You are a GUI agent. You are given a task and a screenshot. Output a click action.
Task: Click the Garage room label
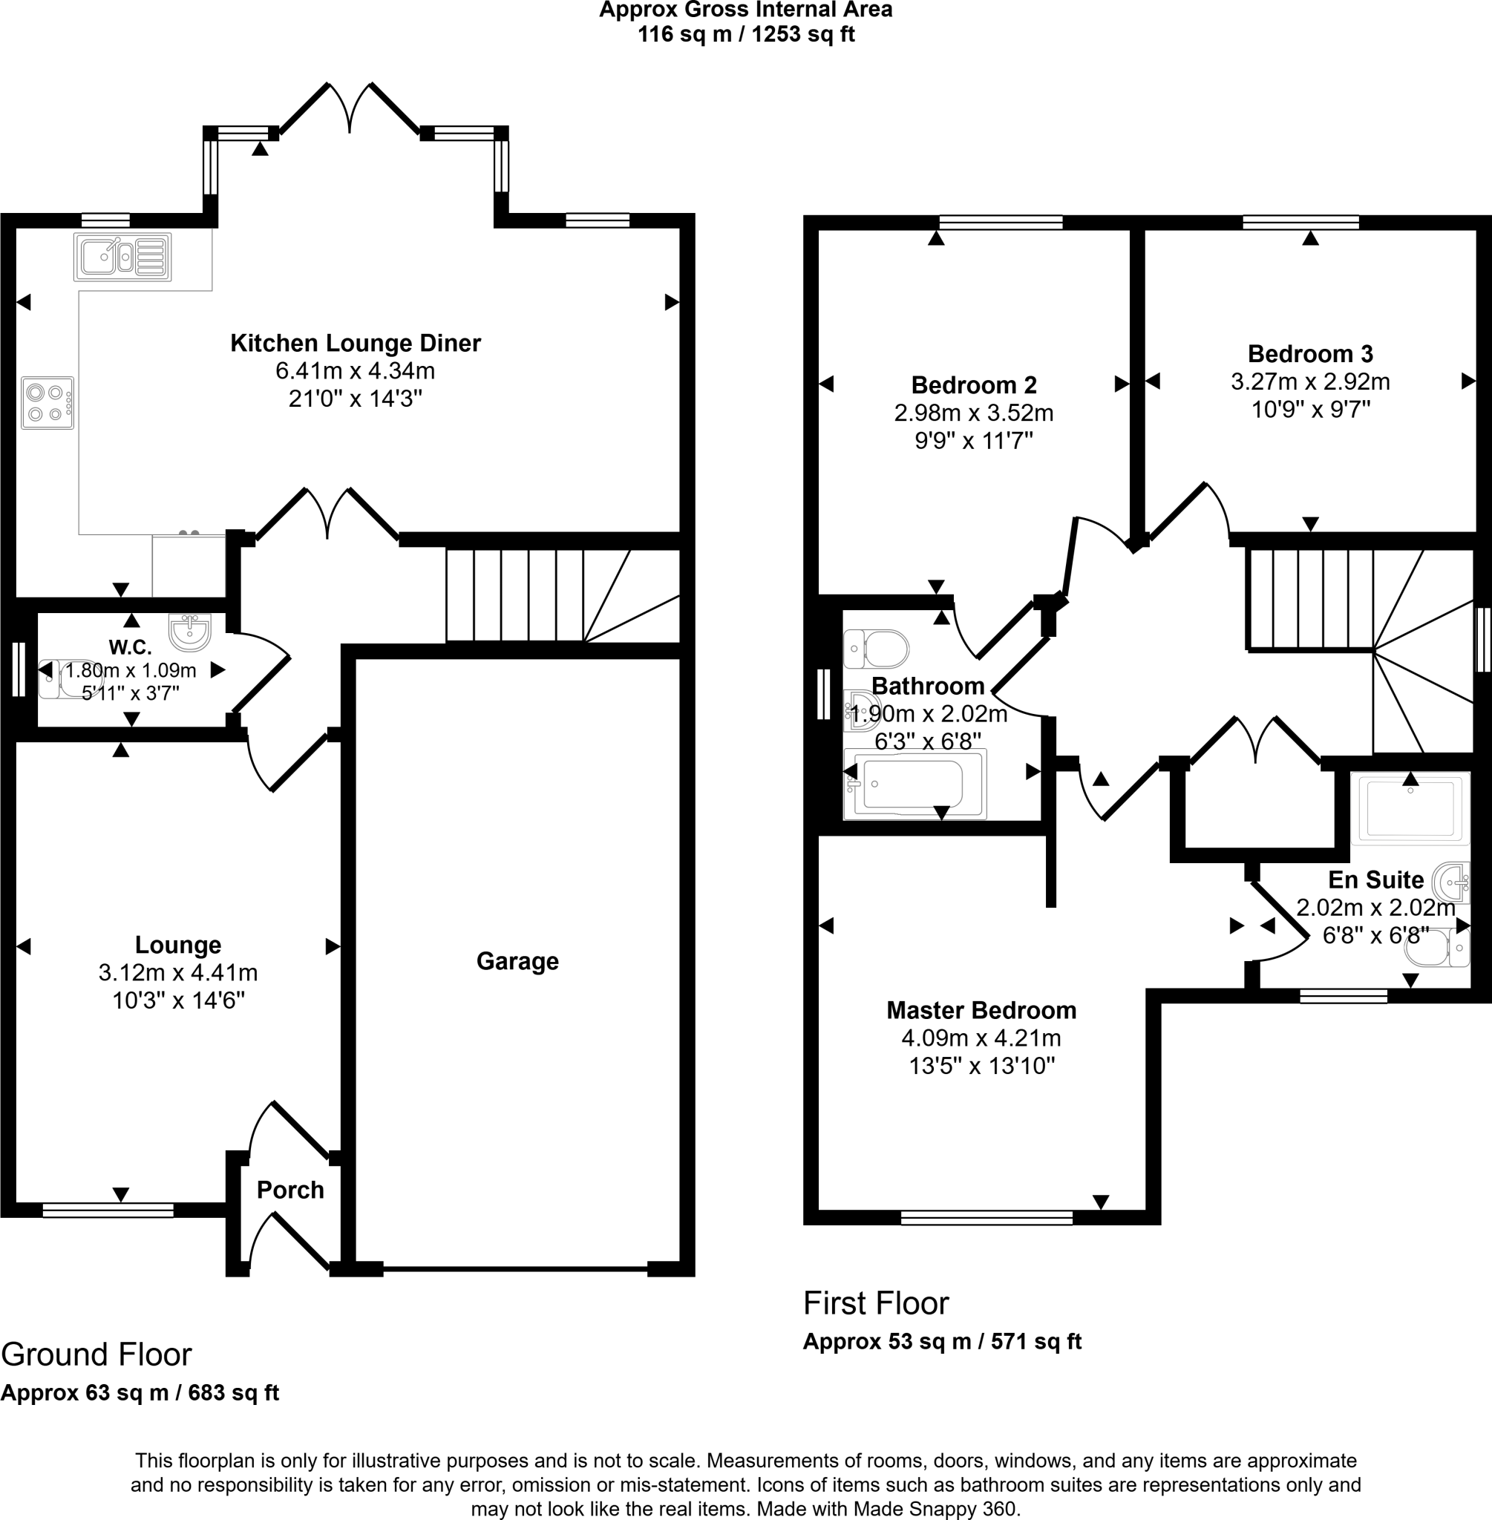point(517,961)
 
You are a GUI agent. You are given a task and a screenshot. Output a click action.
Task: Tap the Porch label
point(290,1190)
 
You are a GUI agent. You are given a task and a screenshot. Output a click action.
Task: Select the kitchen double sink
point(122,256)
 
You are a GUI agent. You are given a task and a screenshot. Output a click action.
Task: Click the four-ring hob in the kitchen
point(47,403)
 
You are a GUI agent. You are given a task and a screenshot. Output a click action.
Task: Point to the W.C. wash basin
point(189,632)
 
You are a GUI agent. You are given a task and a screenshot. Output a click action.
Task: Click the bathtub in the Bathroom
point(914,784)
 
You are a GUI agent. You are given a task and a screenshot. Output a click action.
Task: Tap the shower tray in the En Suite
point(1410,808)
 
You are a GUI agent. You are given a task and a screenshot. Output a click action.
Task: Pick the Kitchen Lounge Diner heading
point(355,343)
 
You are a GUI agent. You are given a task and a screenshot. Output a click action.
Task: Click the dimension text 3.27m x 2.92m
point(1310,381)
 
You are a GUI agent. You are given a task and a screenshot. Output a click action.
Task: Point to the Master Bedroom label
point(981,1011)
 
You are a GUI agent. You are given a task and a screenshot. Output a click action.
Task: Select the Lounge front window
point(108,1211)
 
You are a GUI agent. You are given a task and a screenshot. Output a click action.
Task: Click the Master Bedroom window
point(987,1218)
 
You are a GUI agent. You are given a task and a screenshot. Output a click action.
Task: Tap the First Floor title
point(875,1304)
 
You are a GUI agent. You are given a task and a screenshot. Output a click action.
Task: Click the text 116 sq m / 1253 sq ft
point(746,34)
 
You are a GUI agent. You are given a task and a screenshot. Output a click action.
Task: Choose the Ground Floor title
point(96,1354)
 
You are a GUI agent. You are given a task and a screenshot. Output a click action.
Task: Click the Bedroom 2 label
point(973,385)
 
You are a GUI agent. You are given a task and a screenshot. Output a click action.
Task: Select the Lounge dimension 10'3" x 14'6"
point(178,1000)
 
